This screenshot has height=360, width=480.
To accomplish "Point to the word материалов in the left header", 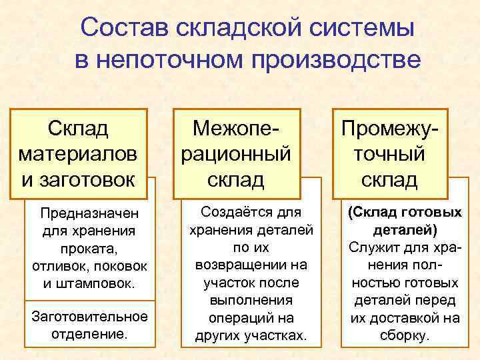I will click(x=79, y=153).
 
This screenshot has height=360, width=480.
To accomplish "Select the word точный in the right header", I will click(x=390, y=153).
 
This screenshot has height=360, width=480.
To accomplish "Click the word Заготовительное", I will click(x=89, y=315).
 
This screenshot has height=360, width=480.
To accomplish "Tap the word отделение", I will click(x=89, y=333).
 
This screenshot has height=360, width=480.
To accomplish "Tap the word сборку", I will click(x=405, y=335).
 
